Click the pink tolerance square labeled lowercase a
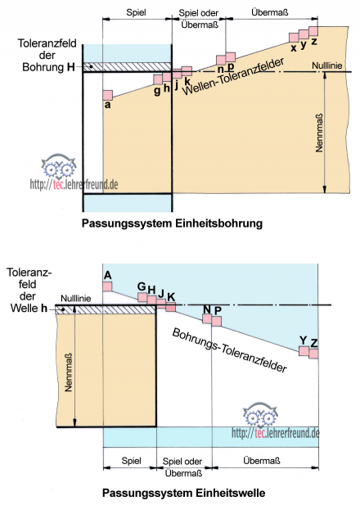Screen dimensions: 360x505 tap(107, 95)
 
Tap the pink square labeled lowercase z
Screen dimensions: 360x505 tap(313, 31)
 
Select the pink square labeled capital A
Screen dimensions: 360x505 tap(107, 286)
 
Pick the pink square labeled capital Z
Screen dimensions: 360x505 tap(313, 354)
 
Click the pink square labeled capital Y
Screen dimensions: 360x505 tap(304, 351)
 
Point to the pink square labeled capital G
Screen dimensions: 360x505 tap(142, 297)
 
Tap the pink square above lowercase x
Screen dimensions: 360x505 tap(294, 38)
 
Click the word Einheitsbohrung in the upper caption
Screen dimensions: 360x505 tap(219, 223)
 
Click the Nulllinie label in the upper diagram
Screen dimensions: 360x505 tap(326, 65)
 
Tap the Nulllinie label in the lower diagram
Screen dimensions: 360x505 tap(75, 299)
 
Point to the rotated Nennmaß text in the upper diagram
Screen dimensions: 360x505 tap(319, 133)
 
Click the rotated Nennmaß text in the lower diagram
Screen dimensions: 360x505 tap(68, 372)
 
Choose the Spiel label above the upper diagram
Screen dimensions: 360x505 tap(136, 12)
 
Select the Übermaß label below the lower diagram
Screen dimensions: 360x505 tap(262, 461)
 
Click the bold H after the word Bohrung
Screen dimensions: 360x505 tap(71, 67)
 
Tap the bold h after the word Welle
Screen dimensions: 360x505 tap(44, 309)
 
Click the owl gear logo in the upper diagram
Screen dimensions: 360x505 tap(58, 167)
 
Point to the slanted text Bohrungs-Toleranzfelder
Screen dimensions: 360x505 tap(229, 350)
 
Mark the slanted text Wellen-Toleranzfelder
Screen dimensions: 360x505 tap(233, 76)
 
